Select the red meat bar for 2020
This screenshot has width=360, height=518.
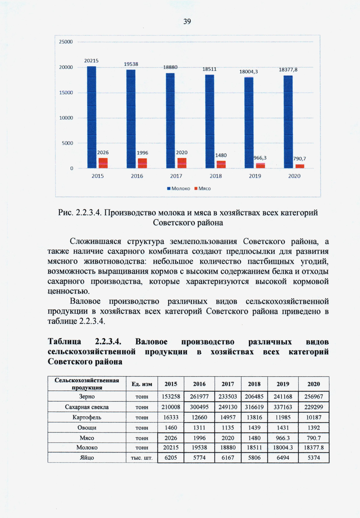(x=300, y=166)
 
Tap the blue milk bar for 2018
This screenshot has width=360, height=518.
(x=209, y=121)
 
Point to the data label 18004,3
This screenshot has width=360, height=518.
(x=248, y=72)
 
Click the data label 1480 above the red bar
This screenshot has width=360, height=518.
(x=221, y=155)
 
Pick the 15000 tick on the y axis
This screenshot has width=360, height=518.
(x=66, y=93)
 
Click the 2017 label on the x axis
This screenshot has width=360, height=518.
(x=176, y=176)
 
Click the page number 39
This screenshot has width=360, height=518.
(x=187, y=21)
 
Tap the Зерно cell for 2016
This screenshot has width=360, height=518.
(x=199, y=396)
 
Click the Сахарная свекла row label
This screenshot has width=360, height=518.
(x=87, y=407)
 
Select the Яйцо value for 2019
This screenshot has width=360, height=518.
(x=283, y=458)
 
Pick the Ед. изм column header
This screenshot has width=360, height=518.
(x=142, y=384)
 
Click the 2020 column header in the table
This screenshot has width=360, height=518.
(x=313, y=384)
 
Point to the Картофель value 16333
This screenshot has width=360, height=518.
(x=171, y=417)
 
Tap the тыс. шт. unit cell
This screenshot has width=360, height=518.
(x=142, y=458)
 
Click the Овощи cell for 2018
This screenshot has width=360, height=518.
(x=254, y=427)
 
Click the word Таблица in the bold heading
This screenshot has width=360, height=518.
(x=64, y=342)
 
